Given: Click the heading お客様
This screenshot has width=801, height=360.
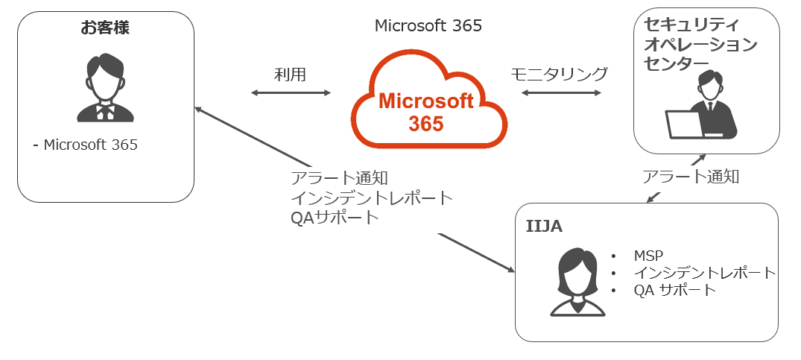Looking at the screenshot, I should click(x=105, y=28).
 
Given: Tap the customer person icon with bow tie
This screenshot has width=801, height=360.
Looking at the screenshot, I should click(x=105, y=88).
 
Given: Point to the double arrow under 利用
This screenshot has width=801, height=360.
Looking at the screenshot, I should click(x=291, y=92).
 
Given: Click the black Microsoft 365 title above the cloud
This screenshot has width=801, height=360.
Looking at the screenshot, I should click(x=428, y=26).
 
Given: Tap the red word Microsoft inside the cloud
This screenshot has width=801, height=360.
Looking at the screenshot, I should click(x=426, y=101).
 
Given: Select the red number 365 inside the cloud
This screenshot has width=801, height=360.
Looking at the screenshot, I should click(x=426, y=124).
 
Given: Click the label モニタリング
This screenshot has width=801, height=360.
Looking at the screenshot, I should click(x=559, y=74).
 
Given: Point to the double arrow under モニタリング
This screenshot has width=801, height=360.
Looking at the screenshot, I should click(x=561, y=92).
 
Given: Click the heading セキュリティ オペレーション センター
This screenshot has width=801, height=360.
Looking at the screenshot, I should click(x=700, y=44).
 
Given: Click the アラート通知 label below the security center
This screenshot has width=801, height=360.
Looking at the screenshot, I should click(x=691, y=177).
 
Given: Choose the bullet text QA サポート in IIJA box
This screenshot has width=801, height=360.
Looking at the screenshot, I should click(x=674, y=290).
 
